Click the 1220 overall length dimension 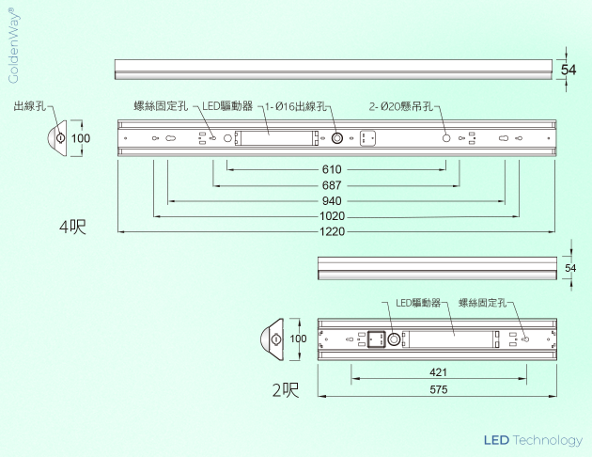pos(332,231)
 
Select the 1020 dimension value pos(332,216)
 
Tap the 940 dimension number pos(332,201)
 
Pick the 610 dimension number pos(332,170)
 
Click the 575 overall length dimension pos(438,388)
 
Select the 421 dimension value pos(438,372)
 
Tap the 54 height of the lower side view pos(569,269)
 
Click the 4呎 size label pos(72,227)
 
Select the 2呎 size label pos(285,389)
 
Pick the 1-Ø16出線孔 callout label pos(295,107)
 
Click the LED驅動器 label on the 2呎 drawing pos(417,303)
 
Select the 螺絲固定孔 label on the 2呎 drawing pos(482,303)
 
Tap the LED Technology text pos(533,440)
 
